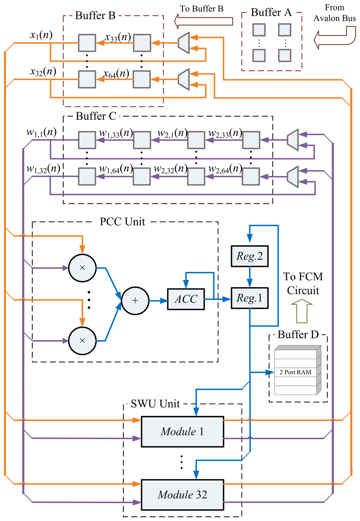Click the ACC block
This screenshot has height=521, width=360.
pos(186,299)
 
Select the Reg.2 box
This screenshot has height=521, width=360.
pos(250,256)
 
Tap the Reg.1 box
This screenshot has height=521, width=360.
pos(250,298)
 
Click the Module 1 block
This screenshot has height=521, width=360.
pos(182,431)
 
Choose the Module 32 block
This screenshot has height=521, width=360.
pos(182,495)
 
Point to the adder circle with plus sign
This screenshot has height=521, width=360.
pos(135,300)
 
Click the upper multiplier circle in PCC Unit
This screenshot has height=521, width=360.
pos(82,268)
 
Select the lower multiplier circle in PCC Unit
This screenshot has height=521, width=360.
pos(82,341)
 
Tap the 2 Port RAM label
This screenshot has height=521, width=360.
pos(295,372)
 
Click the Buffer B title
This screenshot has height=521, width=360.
pos(95,15)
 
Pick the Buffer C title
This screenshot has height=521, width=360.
pos(96,116)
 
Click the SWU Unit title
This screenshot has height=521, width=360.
pos(155,404)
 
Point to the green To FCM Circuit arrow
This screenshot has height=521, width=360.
pos(302,311)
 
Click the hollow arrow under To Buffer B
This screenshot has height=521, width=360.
pos(204,21)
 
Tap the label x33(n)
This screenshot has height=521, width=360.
pos(118,37)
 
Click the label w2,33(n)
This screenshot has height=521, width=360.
pos(225,133)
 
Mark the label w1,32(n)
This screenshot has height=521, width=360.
pos(43,169)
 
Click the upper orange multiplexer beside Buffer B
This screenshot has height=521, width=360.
pos(184,43)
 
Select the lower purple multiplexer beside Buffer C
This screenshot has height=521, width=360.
pos(293,177)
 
